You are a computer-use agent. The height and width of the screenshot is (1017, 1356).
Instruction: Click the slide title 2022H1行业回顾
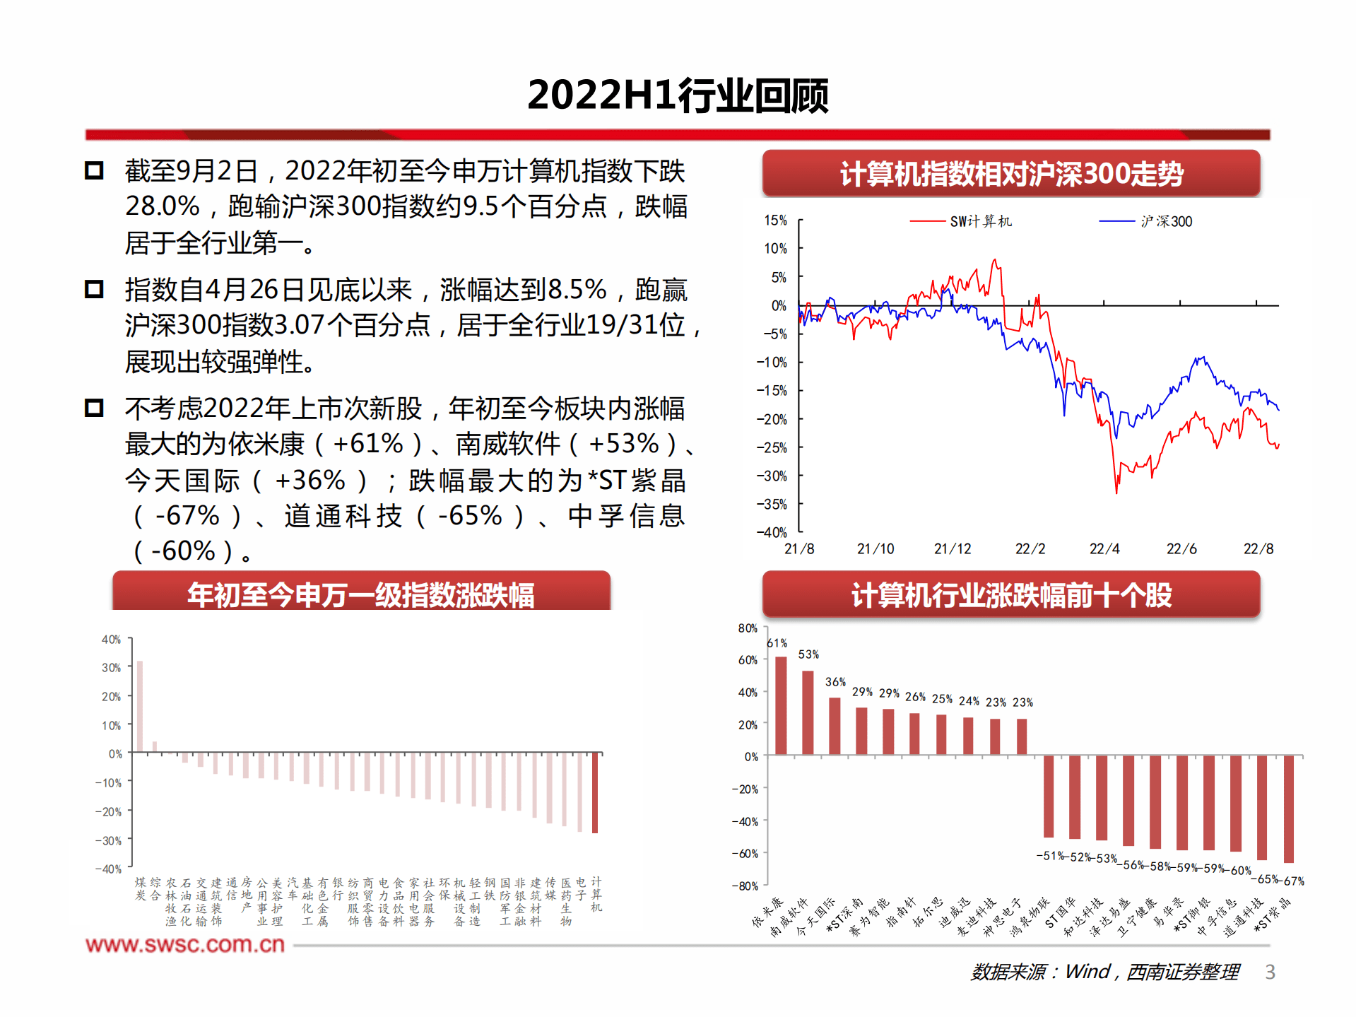(x=678, y=95)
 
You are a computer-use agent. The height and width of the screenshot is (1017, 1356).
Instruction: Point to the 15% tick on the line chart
(x=775, y=221)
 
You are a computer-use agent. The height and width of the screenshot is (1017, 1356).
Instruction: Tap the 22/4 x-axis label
(x=1104, y=549)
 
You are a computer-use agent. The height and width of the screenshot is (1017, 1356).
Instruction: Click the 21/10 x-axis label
(x=875, y=549)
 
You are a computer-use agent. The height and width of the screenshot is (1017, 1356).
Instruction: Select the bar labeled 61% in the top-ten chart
(x=781, y=705)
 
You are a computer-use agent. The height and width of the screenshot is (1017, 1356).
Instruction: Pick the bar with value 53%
(x=808, y=712)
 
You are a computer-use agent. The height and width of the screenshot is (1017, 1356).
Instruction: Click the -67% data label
(x=1294, y=881)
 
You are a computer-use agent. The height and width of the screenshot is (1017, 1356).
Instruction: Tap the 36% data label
(x=835, y=682)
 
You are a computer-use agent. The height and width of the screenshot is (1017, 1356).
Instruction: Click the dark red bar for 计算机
(x=595, y=793)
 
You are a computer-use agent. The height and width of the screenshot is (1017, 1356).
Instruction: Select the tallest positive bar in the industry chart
(x=140, y=706)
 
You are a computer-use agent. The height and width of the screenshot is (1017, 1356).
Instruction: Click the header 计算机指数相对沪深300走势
(x=1010, y=174)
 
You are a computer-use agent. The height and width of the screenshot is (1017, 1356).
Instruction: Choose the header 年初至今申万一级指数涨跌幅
(x=360, y=594)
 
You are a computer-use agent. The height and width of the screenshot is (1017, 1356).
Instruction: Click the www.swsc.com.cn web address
(x=185, y=944)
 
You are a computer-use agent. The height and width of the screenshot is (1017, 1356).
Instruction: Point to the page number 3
(x=1270, y=972)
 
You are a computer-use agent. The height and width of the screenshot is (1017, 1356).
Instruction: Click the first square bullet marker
(x=94, y=171)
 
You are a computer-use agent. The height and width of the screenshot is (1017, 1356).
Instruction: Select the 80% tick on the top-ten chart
(x=747, y=628)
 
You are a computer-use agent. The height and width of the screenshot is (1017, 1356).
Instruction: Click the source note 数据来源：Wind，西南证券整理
(x=1104, y=972)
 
